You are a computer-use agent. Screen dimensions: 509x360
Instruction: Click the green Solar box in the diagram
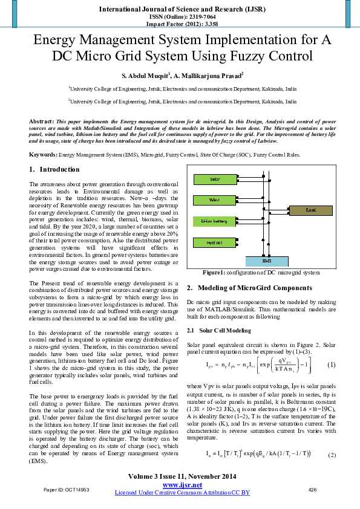tap(215, 180)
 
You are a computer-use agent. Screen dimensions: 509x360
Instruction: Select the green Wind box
tap(215, 199)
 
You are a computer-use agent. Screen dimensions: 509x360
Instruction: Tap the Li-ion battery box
tap(215, 221)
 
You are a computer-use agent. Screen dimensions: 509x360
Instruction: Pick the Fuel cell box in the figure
tap(215, 243)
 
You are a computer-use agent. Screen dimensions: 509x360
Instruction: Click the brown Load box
tap(310, 210)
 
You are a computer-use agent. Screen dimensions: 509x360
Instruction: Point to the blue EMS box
tap(267, 261)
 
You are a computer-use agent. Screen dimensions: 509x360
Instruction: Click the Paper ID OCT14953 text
tap(62, 490)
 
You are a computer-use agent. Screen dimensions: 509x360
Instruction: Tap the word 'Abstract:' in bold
tap(42, 122)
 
